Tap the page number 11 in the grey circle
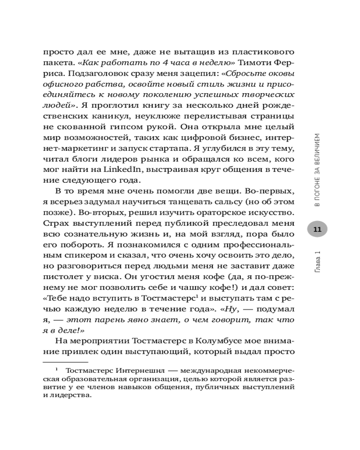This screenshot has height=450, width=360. (317, 229)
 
